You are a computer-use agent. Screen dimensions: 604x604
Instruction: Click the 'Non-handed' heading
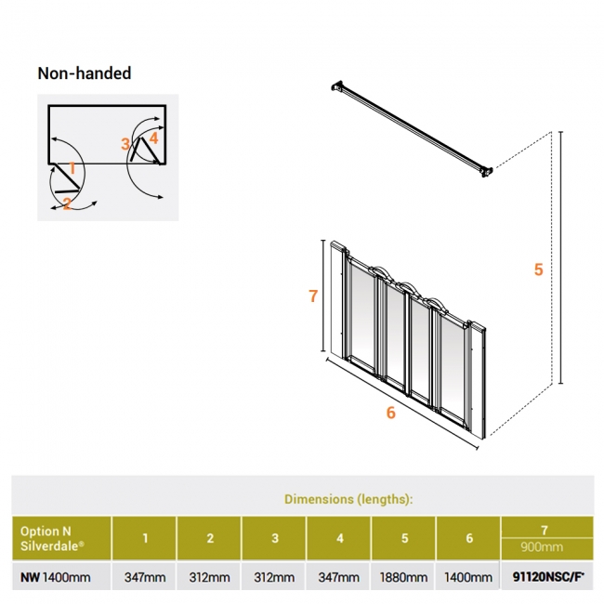pos(84,73)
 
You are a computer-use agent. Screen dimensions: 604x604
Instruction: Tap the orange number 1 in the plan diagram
pos(72,168)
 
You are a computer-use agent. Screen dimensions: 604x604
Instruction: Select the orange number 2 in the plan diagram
pos(67,204)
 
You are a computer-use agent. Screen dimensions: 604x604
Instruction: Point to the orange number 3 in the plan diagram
pos(125,143)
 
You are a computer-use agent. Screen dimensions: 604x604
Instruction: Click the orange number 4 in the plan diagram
pos(153,138)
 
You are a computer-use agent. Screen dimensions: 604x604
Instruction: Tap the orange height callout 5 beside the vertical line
pos(538,270)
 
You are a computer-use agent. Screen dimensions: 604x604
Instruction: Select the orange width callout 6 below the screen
pos(390,413)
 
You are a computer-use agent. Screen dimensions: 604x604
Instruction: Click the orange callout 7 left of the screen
pos(313,296)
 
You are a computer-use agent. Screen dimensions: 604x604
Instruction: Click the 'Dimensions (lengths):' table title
pos(348,499)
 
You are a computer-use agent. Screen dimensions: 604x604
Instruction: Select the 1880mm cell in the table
pos(404,578)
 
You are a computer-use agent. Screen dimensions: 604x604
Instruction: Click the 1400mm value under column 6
pos(469,578)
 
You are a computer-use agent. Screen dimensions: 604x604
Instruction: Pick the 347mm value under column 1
pos(145,578)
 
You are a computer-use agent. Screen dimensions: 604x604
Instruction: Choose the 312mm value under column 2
pos(209,578)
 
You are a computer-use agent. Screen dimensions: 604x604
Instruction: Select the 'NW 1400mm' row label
pos(56,578)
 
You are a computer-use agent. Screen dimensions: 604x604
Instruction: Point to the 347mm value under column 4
pos(339,578)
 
